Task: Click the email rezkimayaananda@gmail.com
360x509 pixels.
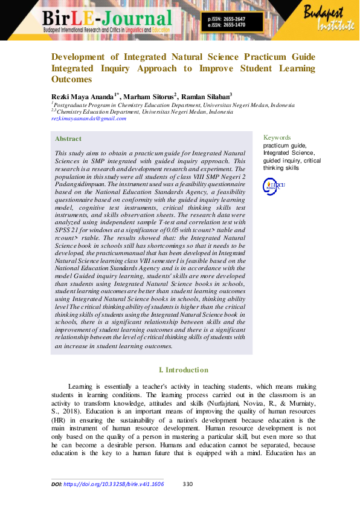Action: (88, 118)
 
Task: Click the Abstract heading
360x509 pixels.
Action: (68, 139)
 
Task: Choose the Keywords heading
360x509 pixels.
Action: (277, 137)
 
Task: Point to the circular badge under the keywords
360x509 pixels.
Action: (270, 187)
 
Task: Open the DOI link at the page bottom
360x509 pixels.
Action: (114, 484)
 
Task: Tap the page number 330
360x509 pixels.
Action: (187, 484)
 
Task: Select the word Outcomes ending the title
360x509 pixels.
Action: (71, 79)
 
